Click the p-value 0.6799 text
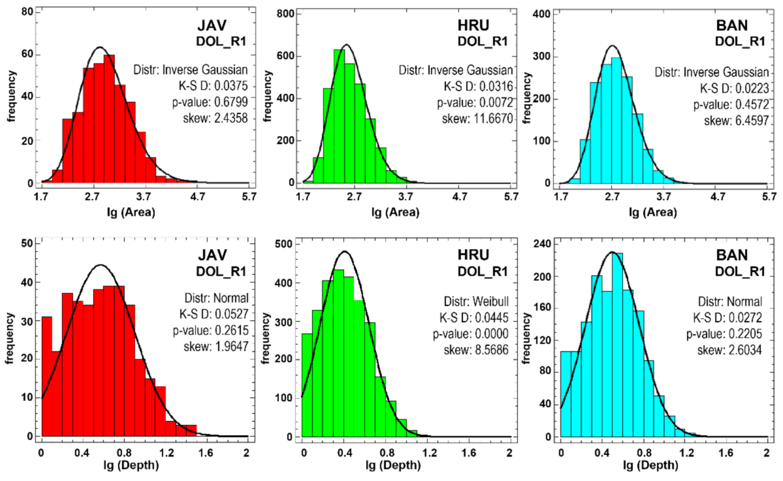pyautogui.click(x=210, y=102)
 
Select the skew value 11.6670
pyautogui.click(x=477, y=119)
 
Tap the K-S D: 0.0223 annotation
pyautogui.click(x=734, y=89)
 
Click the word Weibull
pyautogui.click(x=491, y=301)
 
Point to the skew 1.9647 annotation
pyautogui.click(x=216, y=346)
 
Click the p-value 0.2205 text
pyautogui.click(x=724, y=334)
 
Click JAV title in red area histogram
pyautogui.click(x=212, y=25)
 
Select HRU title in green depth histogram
pyautogui.click(x=473, y=255)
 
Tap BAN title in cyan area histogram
pyautogui.click(x=732, y=25)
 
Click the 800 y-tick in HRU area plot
pyautogui.click(x=285, y=13)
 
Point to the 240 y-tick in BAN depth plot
pyautogui.click(x=542, y=244)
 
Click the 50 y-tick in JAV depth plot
pyautogui.click(x=27, y=243)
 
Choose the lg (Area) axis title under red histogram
pyautogui.click(x=131, y=212)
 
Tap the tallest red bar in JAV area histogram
pyautogui.click(x=109, y=120)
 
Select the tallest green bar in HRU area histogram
pyautogui.click(x=339, y=116)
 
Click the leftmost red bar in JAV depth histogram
pyautogui.click(x=46, y=377)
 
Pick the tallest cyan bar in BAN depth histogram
pyautogui.click(x=617, y=344)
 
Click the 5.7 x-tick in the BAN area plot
pyautogui.click(x=769, y=197)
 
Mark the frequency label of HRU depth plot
pyautogui.click(x=265, y=338)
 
